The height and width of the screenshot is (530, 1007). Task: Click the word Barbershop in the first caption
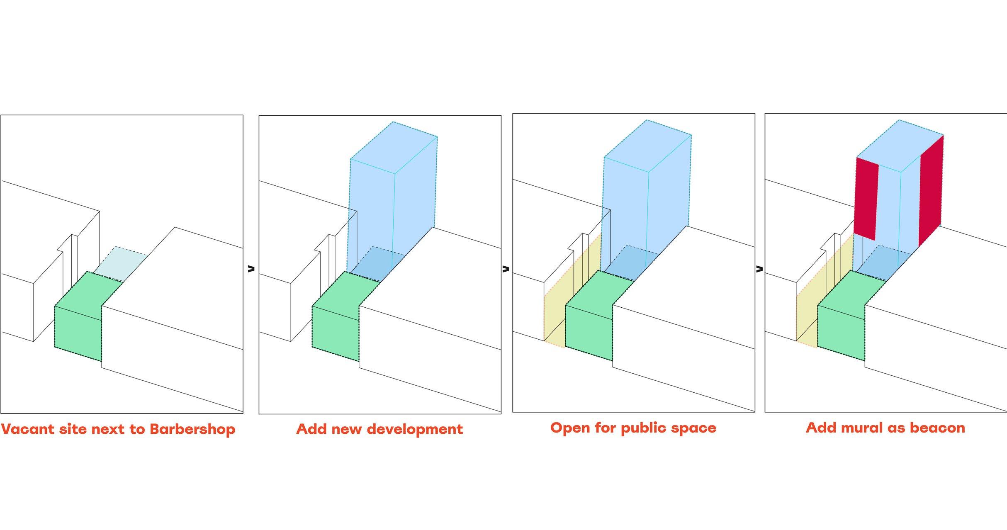pos(192,429)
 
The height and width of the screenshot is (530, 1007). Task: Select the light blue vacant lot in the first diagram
pos(120,261)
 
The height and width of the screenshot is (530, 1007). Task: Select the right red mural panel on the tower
pos(931,191)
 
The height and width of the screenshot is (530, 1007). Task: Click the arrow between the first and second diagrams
pos(251,269)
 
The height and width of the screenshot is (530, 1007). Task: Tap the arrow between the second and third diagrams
pos(506,269)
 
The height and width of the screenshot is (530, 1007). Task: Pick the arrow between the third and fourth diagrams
pos(759,269)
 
